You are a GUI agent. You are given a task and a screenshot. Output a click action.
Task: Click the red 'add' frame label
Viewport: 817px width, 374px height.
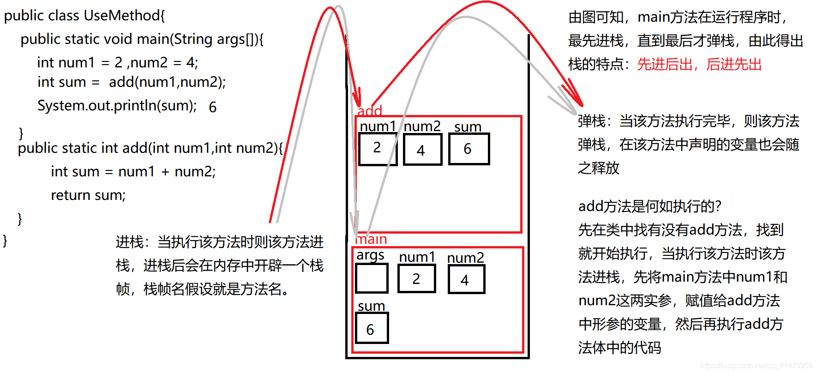(x=370, y=111)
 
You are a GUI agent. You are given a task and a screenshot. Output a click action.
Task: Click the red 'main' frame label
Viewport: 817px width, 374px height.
(x=371, y=239)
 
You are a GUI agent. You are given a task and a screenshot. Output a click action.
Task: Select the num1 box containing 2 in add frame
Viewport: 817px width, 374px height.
(x=378, y=149)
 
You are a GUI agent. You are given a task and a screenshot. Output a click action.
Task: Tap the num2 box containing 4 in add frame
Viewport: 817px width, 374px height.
(x=422, y=149)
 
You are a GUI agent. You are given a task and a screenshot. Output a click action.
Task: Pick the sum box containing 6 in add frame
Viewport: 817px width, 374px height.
(x=469, y=149)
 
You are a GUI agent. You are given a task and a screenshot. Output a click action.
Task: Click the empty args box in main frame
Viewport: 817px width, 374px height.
(x=372, y=278)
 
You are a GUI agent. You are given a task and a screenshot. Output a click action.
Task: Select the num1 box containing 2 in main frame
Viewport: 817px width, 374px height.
(x=416, y=278)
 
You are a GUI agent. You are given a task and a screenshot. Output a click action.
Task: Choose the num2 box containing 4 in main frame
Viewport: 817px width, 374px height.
(x=466, y=279)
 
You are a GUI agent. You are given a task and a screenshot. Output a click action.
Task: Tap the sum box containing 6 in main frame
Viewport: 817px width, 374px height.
(x=372, y=328)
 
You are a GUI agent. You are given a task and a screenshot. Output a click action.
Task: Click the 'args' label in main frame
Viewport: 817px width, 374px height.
(x=370, y=255)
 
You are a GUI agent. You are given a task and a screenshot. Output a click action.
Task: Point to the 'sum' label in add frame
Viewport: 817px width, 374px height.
(x=468, y=127)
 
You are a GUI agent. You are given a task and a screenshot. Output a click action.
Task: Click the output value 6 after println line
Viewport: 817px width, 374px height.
(x=213, y=108)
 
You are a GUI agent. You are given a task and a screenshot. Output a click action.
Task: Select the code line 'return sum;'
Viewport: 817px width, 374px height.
(x=88, y=195)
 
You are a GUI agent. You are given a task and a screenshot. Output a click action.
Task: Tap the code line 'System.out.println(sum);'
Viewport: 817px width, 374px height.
(x=117, y=106)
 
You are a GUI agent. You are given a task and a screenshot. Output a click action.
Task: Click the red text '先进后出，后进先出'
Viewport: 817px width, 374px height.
(x=699, y=64)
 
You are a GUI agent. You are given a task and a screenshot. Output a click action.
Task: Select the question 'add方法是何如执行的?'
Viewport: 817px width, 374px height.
(x=649, y=206)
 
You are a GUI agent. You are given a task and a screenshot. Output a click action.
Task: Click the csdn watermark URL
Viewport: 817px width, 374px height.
(x=756, y=366)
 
